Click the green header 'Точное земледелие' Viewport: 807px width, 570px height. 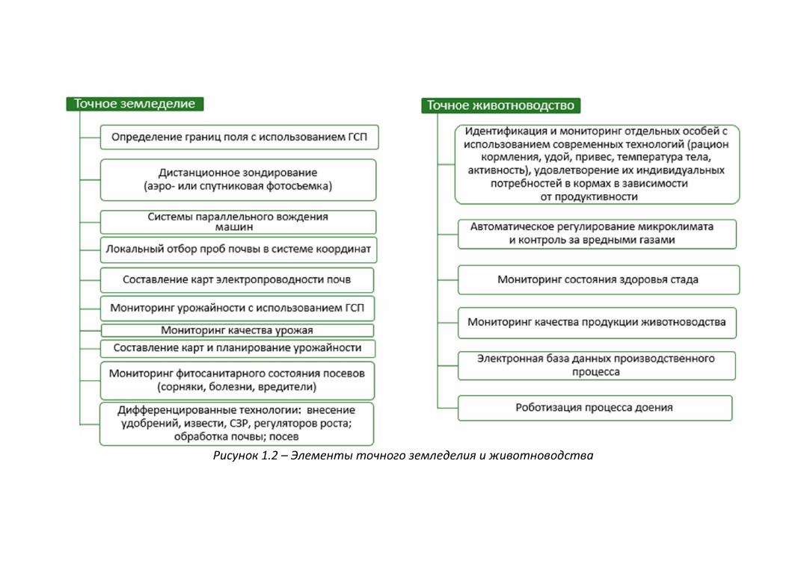coord(135,104)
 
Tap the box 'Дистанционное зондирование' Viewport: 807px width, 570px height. coord(239,179)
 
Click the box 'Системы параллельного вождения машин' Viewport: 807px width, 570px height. coord(239,222)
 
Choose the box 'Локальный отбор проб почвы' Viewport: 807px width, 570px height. coord(239,250)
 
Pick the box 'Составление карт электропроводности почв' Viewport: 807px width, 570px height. coord(237,280)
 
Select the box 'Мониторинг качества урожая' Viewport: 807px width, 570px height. coord(237,330)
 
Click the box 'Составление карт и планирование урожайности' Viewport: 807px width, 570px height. coord(237,348)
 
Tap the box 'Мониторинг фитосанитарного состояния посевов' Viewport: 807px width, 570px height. coord(237,380)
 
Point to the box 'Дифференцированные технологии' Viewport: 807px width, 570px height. coord(237,424)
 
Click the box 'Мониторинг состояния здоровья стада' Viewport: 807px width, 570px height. coord(598,280)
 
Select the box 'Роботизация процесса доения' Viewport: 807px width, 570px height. coord(595,408)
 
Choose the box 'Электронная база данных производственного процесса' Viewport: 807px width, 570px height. coord(596,365)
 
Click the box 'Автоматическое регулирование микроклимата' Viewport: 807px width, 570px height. coord(596,233)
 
